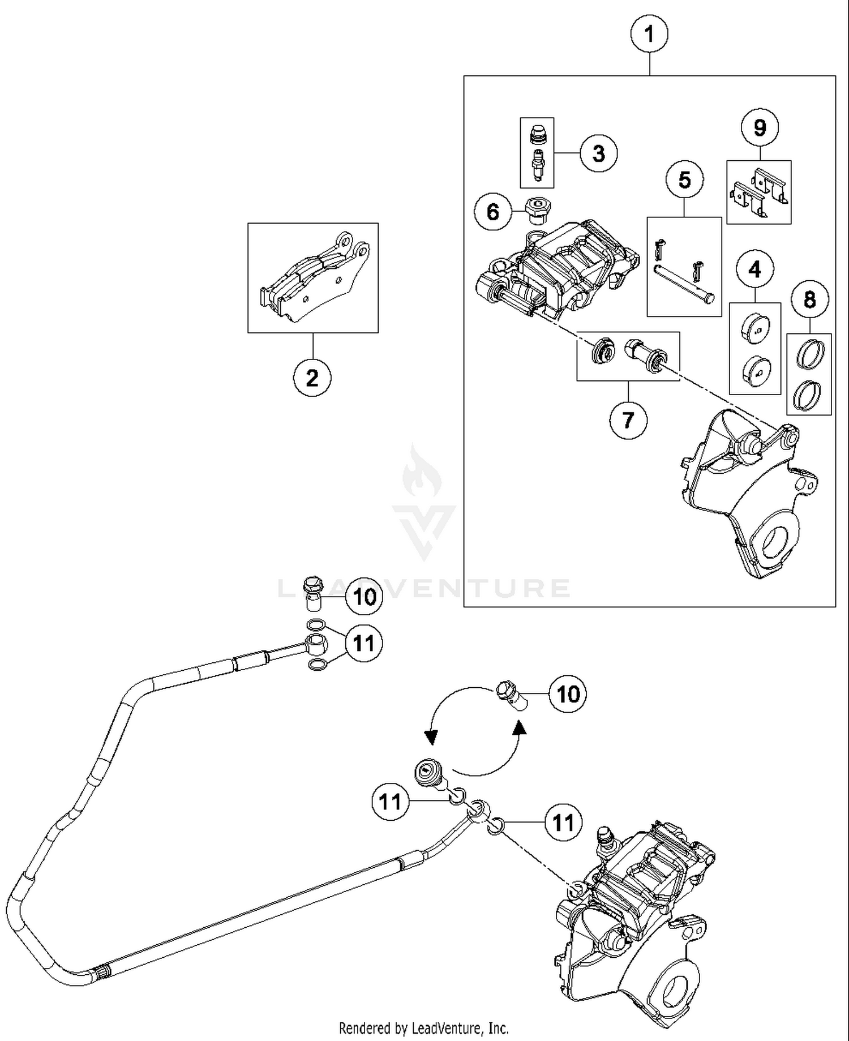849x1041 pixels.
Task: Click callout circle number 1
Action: pos(649,35)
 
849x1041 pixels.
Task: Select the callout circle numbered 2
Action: pos(312,378)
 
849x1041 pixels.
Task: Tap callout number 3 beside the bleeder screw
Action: pos(598,153)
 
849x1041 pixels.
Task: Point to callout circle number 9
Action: pos(760,127)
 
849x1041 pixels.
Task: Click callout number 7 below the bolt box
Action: pos(628,421)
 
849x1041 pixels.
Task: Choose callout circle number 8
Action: pos(809,299)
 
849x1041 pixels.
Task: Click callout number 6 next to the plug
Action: pos(493,212)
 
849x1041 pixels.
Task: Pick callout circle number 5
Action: pos(684,180)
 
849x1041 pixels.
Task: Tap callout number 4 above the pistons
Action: pos(755,270)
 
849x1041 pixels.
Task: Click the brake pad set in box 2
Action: pos(313,277)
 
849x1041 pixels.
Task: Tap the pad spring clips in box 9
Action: pos(758,192)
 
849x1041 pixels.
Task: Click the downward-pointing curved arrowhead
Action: pos(431,737)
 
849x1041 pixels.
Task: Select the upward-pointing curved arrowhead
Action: pos(519,728)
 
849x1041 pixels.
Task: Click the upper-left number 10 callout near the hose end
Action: pos(364,596)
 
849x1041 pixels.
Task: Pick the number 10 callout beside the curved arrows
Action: pos(568,694)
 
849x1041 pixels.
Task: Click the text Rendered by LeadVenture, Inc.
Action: pos(423,1027)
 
